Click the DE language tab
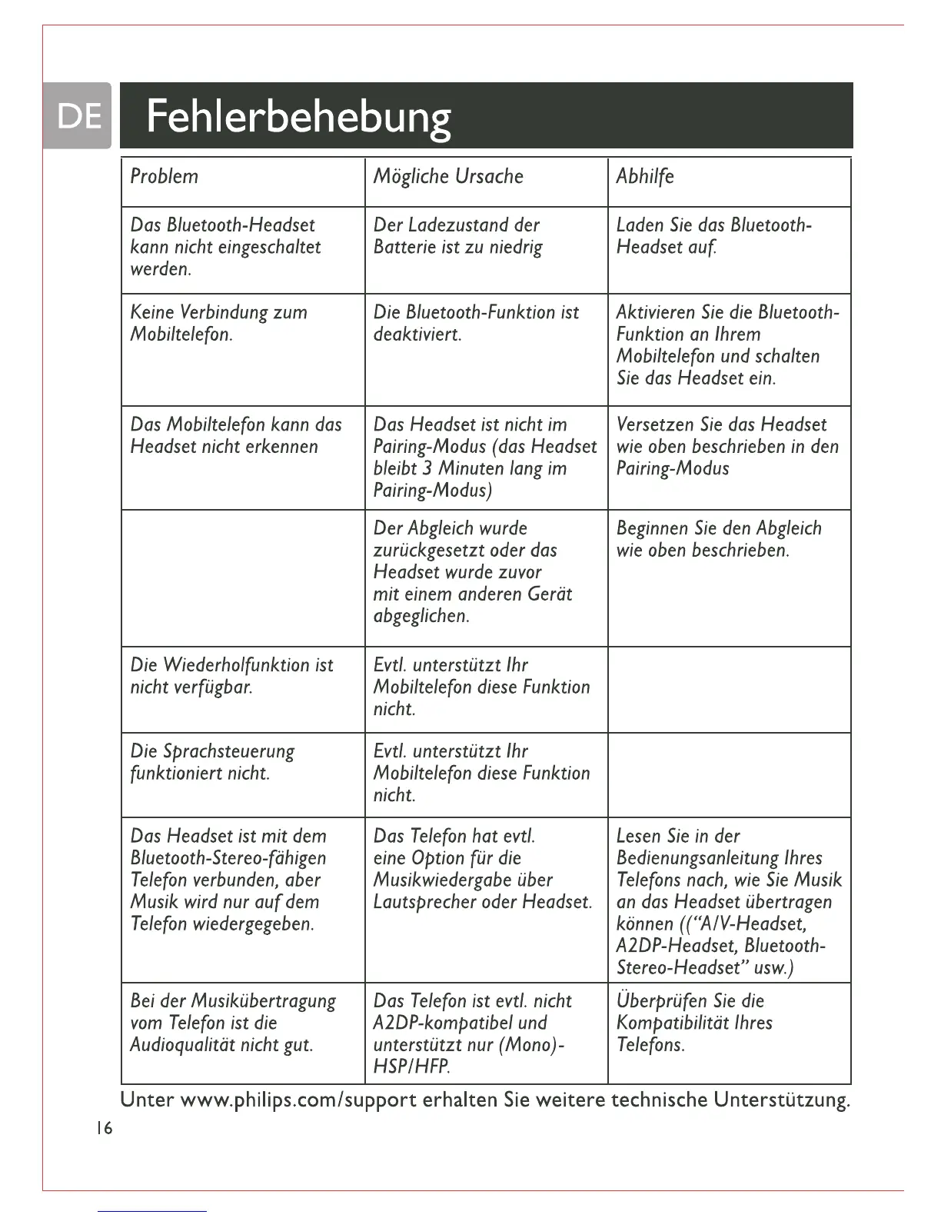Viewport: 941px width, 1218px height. tap(79, 116)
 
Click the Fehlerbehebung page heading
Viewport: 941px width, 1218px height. tap(298, 117)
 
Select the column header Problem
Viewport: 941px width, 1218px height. tap(164, 177)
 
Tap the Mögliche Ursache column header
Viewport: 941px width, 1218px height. tap(448, 177)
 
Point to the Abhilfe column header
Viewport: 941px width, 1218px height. tap(645, 177)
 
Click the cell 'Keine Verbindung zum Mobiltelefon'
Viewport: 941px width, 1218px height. tap(218, 323)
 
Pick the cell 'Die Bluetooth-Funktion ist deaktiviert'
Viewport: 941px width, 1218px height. tap(476, 323)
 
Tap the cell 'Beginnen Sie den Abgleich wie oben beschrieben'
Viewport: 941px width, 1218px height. tap(719, 539)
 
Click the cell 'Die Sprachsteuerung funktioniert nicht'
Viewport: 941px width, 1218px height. tap(212, 762)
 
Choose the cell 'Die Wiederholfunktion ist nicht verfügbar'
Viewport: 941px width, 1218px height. tap(231, 676)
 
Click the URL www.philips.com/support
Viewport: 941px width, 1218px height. tap(298, 1100)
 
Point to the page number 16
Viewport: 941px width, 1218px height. tap(105, 1129)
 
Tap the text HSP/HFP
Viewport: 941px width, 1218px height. tap(411, 1067)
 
